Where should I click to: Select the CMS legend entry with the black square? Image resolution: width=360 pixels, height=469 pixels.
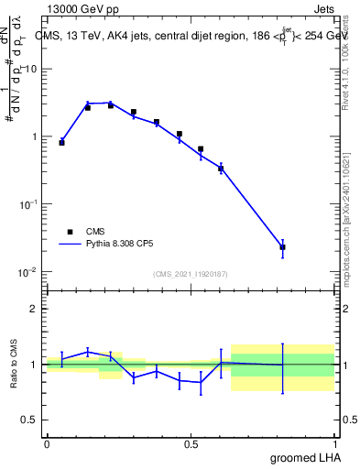pyautogui.click(x=82, y=232)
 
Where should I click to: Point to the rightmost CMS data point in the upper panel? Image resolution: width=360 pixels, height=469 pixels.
pyautogui.click(x=283, y=247)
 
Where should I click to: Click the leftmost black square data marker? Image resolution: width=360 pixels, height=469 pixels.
pyautogui.click(x=61, y=143)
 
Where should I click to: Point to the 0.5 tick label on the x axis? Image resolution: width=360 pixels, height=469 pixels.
pyautogui.click(x=191, y=443)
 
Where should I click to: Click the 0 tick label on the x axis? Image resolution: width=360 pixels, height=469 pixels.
pyautogui.click(x=47, y=443)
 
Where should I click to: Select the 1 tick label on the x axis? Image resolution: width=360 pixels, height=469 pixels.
pyautogui.click(x=335, y=443)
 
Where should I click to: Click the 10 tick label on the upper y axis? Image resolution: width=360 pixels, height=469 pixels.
pyautogui.click(x=31, y=69)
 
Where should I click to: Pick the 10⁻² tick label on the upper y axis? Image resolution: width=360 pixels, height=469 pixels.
pyautogui.click(x=28, y=272)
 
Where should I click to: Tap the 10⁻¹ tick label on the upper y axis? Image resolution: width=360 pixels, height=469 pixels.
pyautogui.click(x=28, y=204)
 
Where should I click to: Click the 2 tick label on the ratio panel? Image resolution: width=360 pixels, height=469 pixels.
pyautogui.click(x=34, y=309)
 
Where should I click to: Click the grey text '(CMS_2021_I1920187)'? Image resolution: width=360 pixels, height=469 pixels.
pyautogui.click(x=191, y=273)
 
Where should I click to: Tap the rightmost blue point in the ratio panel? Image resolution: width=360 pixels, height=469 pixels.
pyautogui.click(x=283, y=365)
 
